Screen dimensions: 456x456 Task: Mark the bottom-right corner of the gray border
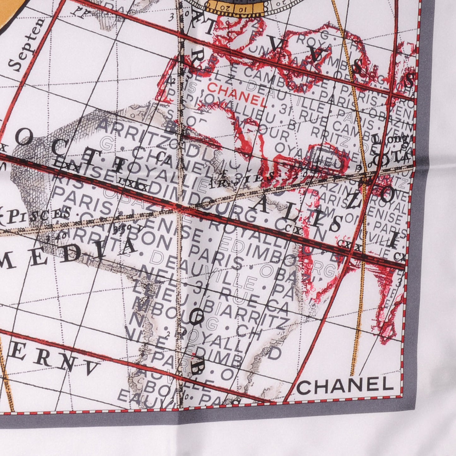(416, 410)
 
